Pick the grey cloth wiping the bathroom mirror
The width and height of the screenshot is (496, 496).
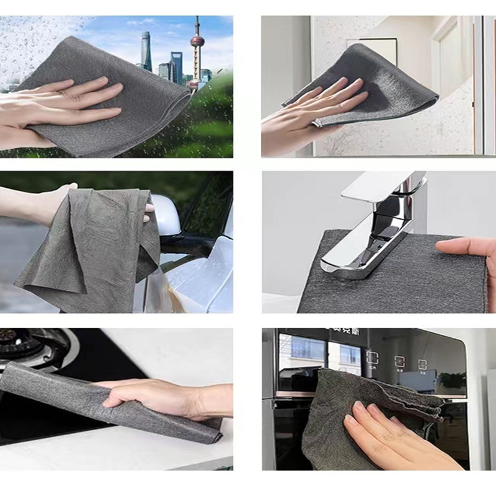click(378, 81)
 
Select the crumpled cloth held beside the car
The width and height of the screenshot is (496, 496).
click(87, 248)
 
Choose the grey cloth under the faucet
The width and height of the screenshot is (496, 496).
click(397, 279)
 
